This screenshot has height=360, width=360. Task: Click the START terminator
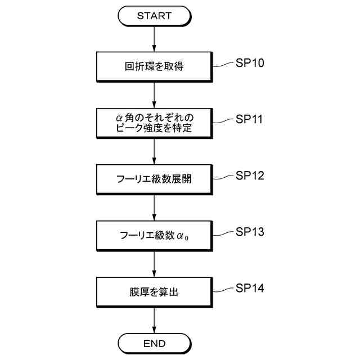coord(154,16)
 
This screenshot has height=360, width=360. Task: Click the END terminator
coord(154,343)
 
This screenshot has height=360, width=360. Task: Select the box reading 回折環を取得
coord(154,67)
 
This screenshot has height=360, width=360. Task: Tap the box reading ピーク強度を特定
coord(154,123)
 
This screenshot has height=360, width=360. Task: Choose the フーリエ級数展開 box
coord(154,179)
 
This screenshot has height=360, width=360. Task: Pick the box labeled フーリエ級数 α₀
coord(154,235)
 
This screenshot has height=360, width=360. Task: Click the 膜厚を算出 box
coord(154,291)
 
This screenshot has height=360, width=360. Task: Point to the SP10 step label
coord(249,62)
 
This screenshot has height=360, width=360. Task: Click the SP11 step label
coord(249,119)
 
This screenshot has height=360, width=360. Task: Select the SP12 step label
coord(249,175)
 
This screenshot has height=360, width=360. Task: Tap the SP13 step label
coord(249,231)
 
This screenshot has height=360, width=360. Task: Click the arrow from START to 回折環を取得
coord(154,39)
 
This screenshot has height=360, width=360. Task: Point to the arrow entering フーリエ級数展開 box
coord(154,151)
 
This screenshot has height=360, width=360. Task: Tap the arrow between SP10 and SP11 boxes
coord(154,95)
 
